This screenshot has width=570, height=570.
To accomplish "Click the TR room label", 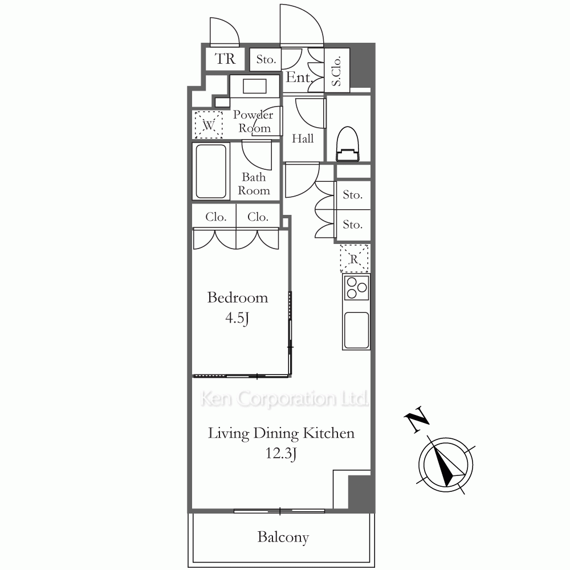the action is point(225,59).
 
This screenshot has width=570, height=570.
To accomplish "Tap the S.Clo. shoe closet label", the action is point(337,71).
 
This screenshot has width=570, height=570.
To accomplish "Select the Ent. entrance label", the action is point(299,77).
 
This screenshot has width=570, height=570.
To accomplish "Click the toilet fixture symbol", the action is point(348,144).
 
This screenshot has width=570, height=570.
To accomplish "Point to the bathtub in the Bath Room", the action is point(211,171).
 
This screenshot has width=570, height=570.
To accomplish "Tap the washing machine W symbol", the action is point(208,125).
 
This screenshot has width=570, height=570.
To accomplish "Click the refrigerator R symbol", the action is point(355,258).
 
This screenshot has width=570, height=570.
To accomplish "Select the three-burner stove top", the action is point(356,287).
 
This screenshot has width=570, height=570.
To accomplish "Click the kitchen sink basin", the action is point(357,331).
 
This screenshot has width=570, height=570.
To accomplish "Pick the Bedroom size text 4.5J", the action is point(237,319).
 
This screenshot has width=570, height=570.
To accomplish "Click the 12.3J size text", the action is point(281,454).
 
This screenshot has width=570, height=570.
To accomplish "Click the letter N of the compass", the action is point(417,419).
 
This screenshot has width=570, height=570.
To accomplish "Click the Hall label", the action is point(303,139).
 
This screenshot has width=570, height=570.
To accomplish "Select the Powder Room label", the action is point(254,121).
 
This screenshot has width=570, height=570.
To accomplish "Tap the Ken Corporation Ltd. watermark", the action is point(284,399).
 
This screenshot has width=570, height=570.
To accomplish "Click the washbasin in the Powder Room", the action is point(255,87).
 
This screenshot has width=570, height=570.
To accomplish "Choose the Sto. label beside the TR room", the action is point(266,59).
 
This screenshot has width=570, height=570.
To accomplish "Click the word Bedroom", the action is point(237,298).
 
